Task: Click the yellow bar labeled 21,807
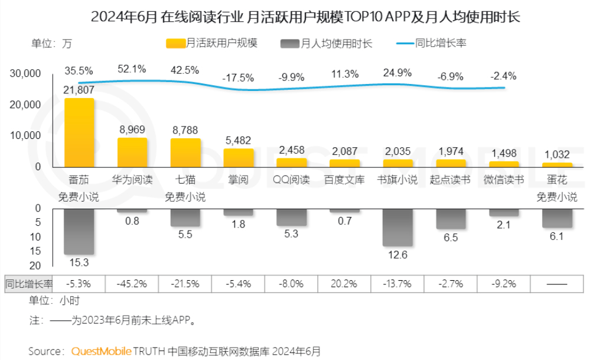click(79, 132)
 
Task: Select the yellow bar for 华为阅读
click(132, 153)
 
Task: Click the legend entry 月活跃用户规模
click(212, 43)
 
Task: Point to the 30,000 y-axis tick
click(25, 73)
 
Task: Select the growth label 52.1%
click(132, 69)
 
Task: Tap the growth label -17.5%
click(237, 78)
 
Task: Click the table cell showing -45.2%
click(132, 283)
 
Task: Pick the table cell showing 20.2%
click(344, 283)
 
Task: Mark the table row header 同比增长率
click(28, 283)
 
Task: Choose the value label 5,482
click(238, 140)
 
